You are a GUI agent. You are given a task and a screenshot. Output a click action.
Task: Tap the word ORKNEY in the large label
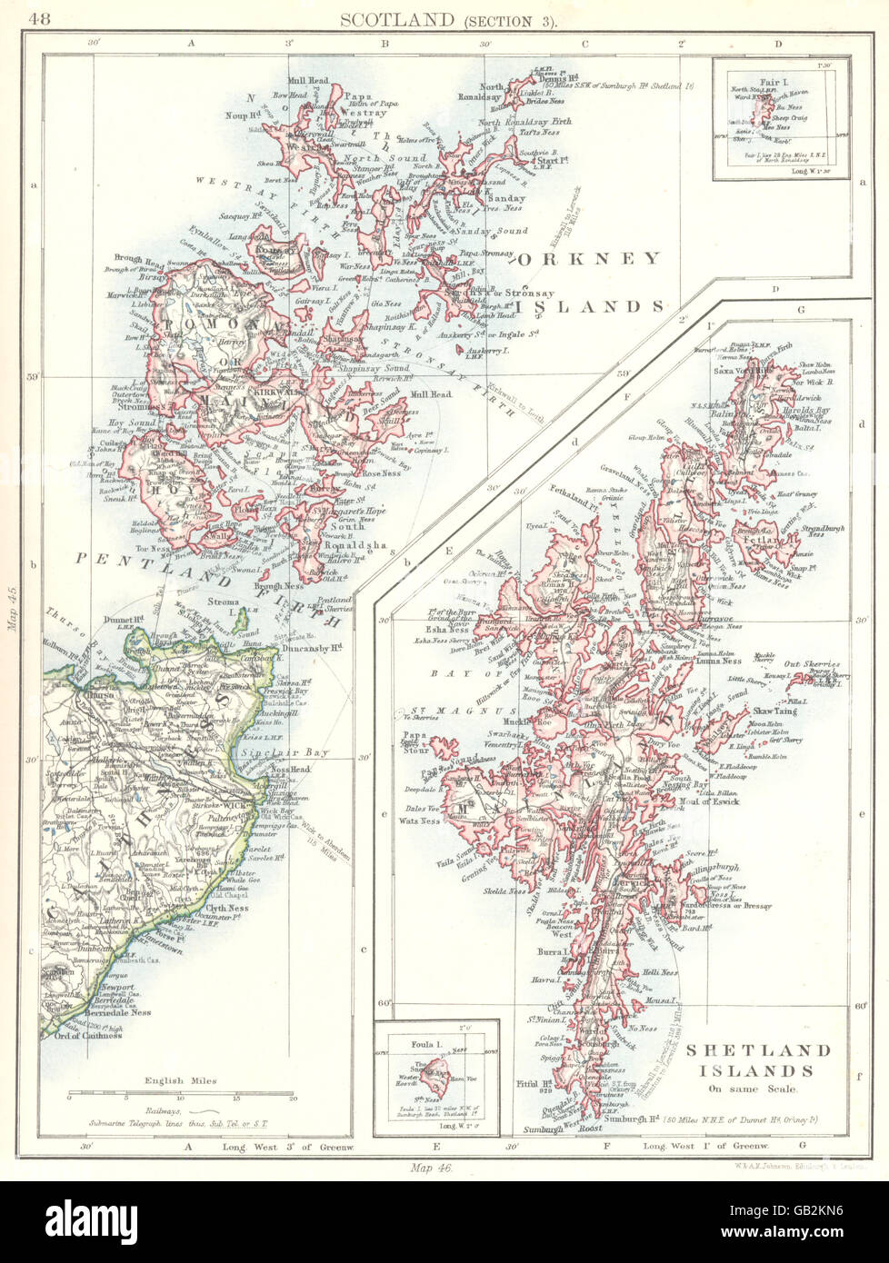tap(590, 259)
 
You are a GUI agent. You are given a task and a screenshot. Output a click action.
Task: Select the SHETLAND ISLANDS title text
tap(758, 1060)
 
